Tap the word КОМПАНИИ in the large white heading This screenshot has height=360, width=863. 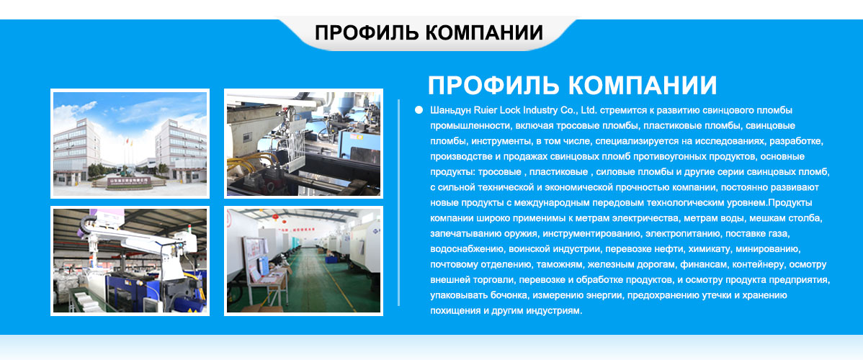[x=643, y=86]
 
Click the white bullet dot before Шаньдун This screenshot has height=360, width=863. [x=419, y=110]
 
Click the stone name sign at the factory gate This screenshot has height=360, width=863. [x=128, y=181]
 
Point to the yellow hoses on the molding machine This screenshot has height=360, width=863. [x=249, y=163]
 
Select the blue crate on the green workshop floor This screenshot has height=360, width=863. [x=331, y=258]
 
